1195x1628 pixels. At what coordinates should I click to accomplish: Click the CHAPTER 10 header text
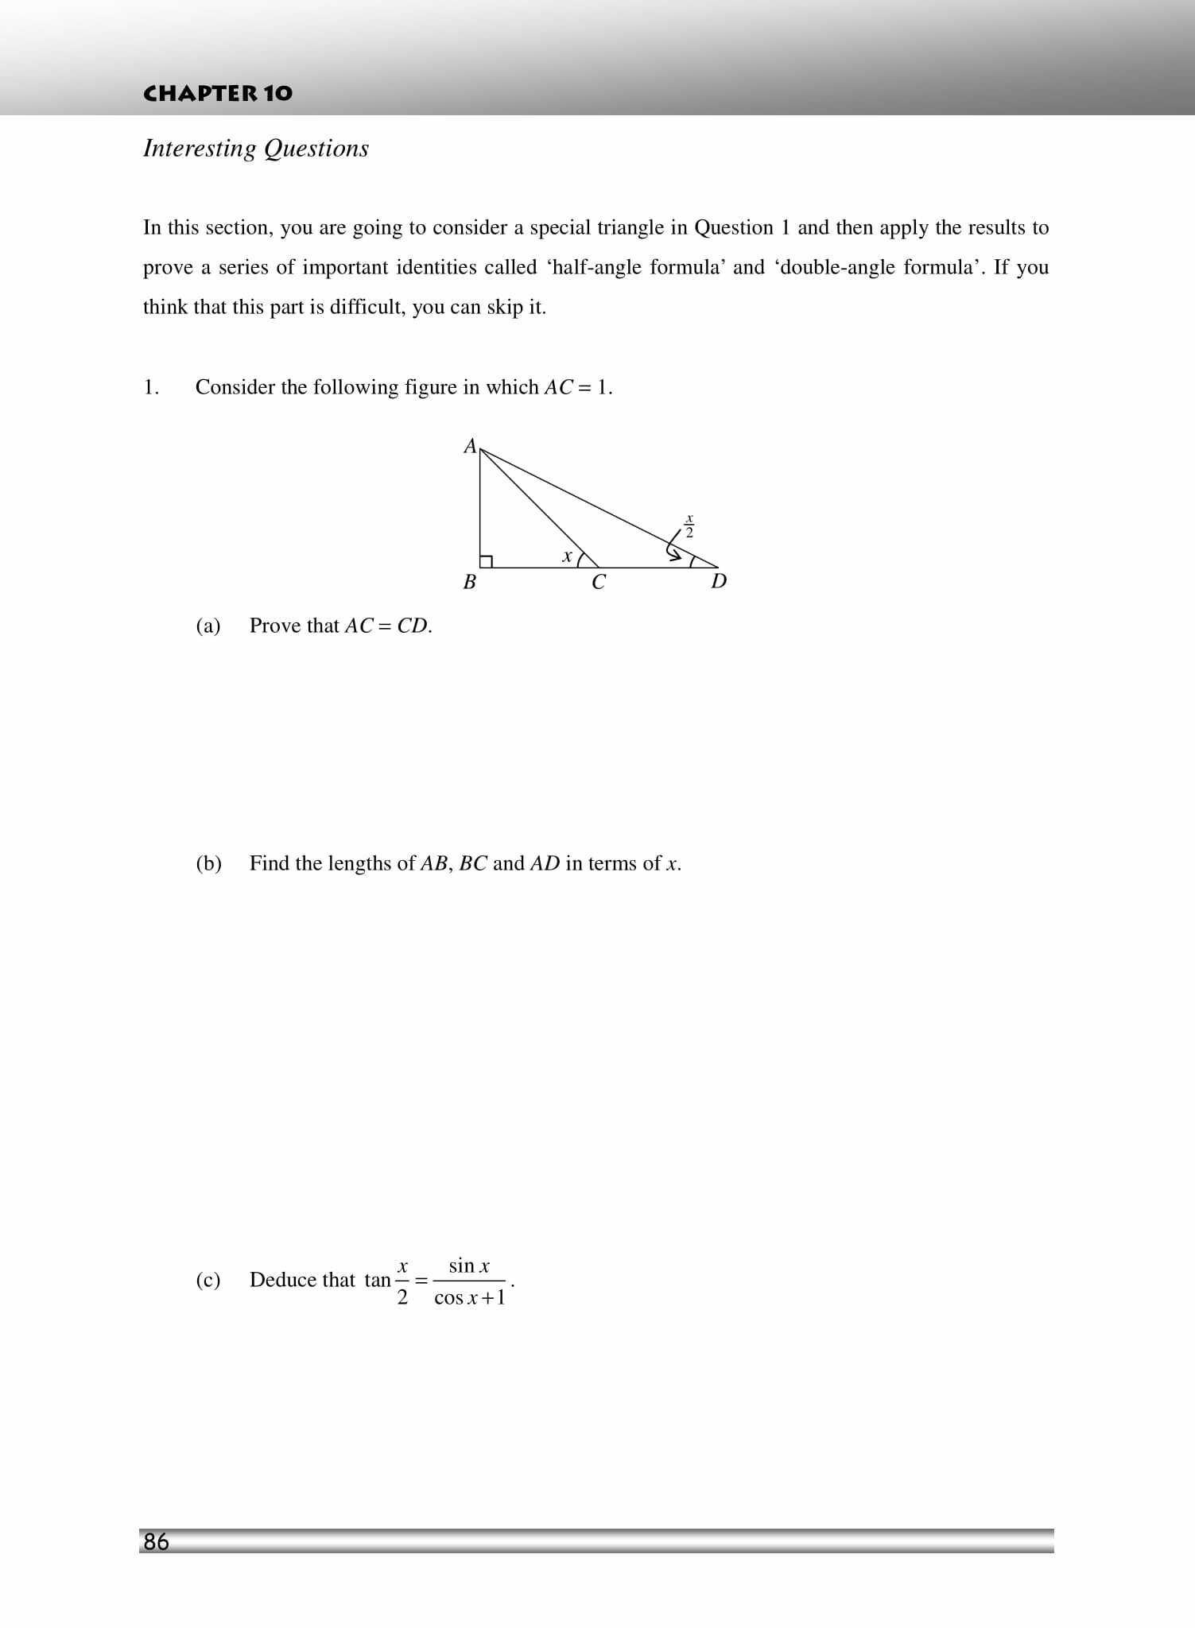217,93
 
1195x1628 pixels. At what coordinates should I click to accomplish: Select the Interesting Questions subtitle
255,149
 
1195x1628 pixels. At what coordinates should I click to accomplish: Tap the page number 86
156,1541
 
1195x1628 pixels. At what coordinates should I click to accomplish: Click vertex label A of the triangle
470,446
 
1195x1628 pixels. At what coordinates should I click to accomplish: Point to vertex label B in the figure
469,582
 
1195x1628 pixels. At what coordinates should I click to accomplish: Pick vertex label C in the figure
599,583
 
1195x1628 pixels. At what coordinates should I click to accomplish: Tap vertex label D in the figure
719,581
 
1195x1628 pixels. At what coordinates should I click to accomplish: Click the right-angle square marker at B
486,561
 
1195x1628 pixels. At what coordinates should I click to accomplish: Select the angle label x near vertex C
566,556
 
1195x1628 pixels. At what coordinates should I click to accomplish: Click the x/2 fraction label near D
689,526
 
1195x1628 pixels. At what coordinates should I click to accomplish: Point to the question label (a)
208,626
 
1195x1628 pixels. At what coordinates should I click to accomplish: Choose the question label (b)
208,863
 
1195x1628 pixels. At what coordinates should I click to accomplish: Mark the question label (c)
208,1280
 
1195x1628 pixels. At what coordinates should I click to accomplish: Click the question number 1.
151,387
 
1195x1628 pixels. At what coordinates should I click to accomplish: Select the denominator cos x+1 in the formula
469,1298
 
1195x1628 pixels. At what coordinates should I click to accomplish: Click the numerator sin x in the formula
469,1266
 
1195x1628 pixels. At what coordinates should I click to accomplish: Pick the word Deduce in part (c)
281,1280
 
